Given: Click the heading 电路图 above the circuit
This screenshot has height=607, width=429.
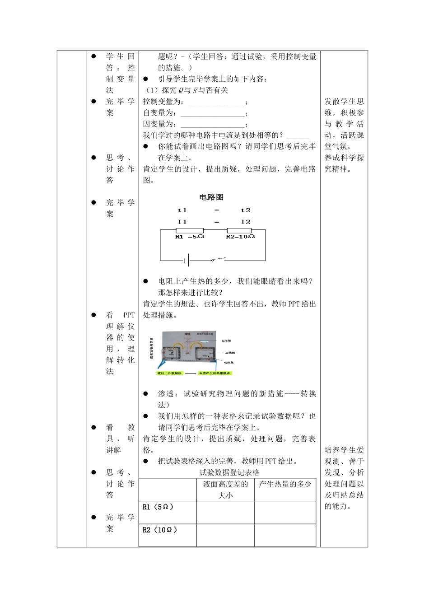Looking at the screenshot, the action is (211, 197).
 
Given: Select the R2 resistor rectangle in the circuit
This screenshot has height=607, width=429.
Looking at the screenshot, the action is (239, 230).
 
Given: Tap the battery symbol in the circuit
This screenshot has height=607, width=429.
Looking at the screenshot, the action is (186, 260).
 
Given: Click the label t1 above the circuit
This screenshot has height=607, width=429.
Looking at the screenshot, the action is (182, 210).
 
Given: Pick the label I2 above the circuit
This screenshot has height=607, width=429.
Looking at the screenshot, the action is (245, 222).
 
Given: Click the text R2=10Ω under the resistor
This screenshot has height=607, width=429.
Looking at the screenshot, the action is (240, 237).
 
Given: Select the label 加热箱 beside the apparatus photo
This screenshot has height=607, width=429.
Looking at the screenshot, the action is (230, 353).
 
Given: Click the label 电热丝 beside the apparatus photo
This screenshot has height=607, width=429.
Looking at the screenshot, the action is (228, 363).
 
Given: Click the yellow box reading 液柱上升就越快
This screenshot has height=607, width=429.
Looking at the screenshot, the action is (169, 374).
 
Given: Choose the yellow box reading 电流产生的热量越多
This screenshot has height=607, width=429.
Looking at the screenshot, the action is (215, 374).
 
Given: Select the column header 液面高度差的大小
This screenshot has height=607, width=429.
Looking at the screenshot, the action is (225, 490).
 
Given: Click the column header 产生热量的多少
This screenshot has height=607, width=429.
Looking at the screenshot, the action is (285, 484).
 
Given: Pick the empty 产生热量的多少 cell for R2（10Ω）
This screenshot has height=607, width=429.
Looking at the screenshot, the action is (285, 535).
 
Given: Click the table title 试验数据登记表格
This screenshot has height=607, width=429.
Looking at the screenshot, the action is (229, 472).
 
